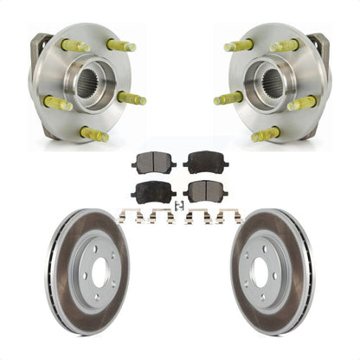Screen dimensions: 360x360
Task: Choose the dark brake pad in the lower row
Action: click(151, 192)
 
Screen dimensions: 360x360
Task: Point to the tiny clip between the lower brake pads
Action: click(177, 204)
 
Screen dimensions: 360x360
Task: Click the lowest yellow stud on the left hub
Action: click(93, 134)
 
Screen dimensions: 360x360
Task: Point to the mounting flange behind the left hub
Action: click(40, 52)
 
